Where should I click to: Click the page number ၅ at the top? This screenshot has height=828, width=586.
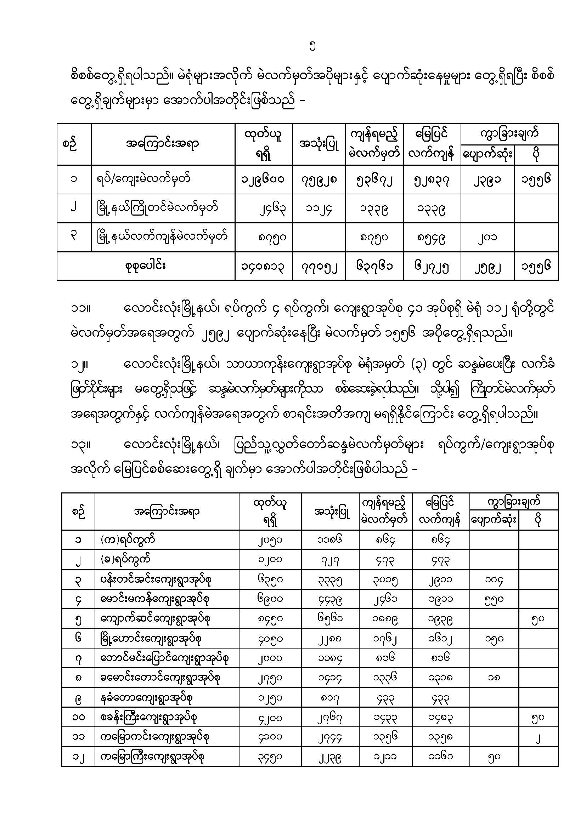click(x=313, y=46)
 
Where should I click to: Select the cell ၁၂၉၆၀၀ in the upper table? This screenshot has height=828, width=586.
click(x=263, y=179)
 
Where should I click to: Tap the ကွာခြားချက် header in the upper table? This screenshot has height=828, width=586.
click(x=509, y=133)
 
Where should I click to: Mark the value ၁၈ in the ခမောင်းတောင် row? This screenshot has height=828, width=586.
click(x=494, y=678)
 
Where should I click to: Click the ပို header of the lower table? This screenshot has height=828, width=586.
click(x=538, y=520)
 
